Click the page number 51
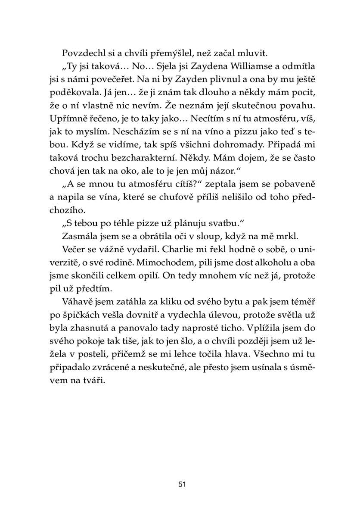181,484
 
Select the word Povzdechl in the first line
82,53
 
